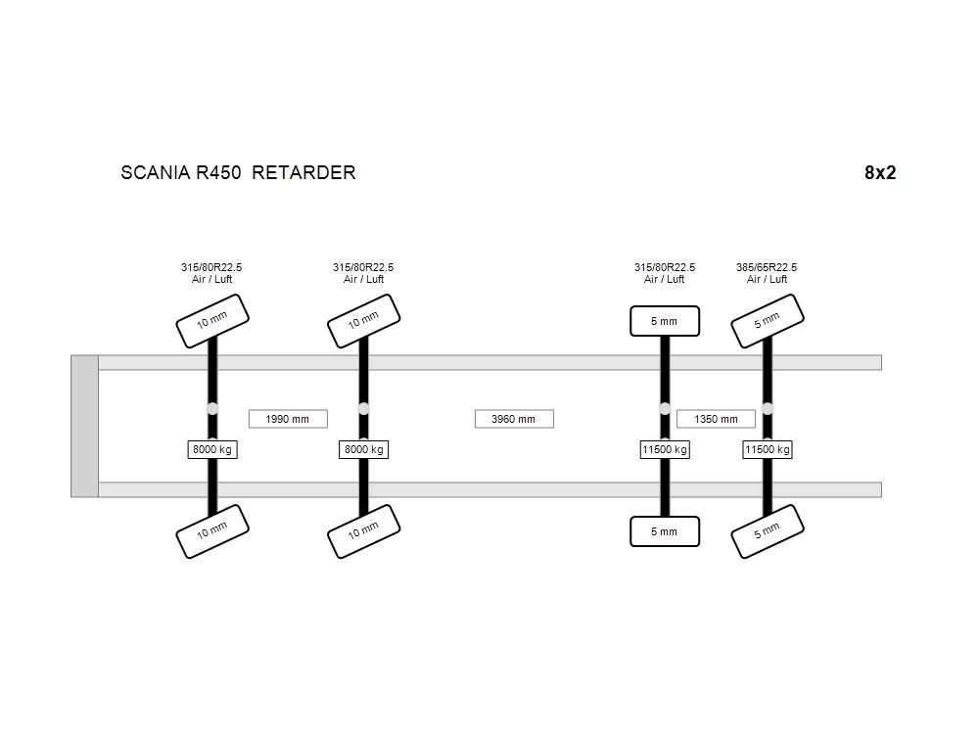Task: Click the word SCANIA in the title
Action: [x=156, y=172]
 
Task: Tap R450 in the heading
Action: [x=218, y=172]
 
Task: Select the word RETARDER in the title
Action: [x=303, y=172]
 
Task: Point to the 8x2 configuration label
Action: [x=880, y=172]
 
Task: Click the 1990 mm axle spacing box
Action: [x=288, y=419]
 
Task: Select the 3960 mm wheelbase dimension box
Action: [x=514, y=419]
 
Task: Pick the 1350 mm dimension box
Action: [x=717, y=419]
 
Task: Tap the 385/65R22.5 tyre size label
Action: [x=767, y=267]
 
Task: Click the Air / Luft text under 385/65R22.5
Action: [x=767, y=279]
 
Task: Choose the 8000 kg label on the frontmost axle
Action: [x=212, y=449]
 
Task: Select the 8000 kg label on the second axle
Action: [x=364, y=449]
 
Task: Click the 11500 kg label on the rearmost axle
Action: [x=768, y=449]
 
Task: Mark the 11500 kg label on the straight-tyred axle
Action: [x=665, y=449]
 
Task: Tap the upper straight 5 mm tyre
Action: [x=665, y=321]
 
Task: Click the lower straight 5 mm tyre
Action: [x=665, y=531]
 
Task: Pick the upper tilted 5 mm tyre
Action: [x=768, y=321]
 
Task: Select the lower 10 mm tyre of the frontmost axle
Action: [x=212, y=531]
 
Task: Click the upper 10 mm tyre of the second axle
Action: [x=363, y=321]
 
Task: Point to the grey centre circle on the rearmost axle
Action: [x=768, y=409]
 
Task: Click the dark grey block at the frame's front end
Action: [x=84, y=427]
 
